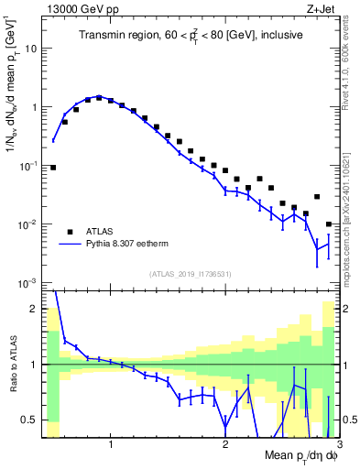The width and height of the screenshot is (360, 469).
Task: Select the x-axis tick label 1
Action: click(111, 444)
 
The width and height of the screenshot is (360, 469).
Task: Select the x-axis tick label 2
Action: click(225, 444)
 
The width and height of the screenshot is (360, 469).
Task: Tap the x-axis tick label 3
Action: click(338, 444)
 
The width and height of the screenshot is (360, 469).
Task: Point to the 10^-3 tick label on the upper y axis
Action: click(30, 284)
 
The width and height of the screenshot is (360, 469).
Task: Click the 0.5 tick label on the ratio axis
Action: click(30, 420)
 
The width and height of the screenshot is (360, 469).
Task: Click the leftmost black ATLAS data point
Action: click(53, 168)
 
